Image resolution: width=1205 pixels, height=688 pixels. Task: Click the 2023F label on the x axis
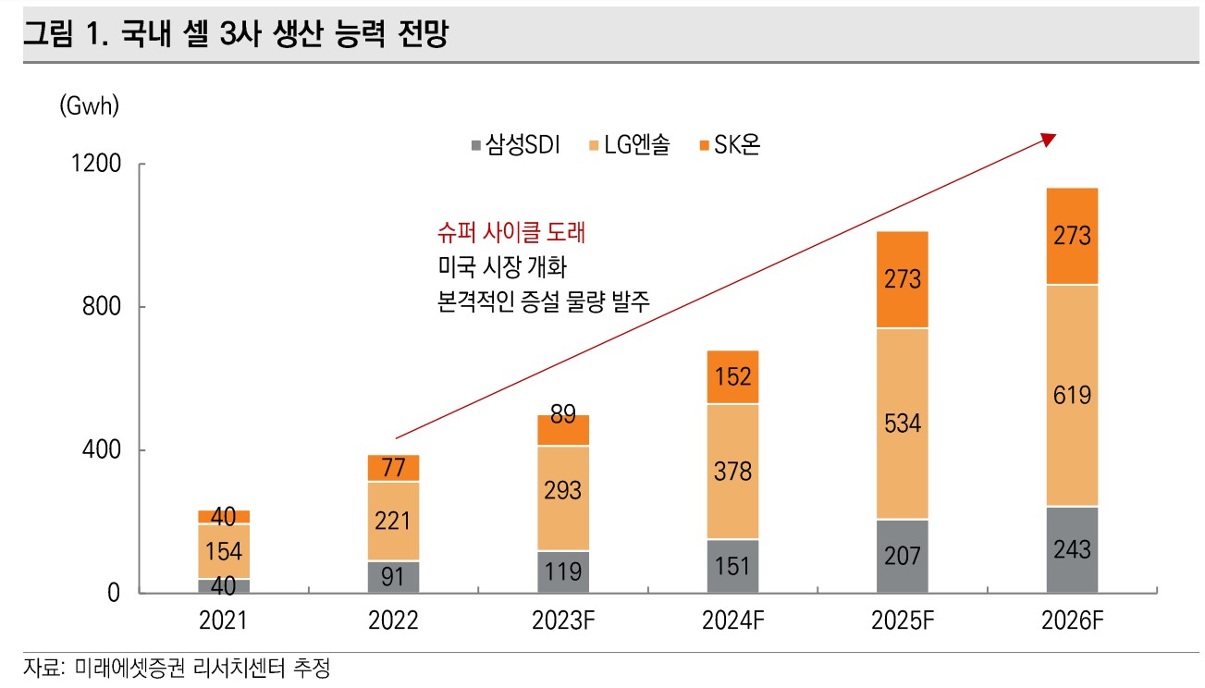pos(563,620)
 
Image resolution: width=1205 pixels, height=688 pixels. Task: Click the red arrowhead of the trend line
pos(1048,139)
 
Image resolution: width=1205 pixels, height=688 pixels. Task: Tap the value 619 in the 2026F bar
pos(1072,396)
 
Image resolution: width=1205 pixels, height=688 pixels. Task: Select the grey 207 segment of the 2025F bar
pos(902,556)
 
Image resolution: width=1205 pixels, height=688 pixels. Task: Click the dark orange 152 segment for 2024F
pos(732,376)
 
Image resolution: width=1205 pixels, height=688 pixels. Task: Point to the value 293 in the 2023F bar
pos(562,489)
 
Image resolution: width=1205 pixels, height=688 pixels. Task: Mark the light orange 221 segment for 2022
pos(393,522)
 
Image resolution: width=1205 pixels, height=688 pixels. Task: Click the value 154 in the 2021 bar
pos(223,552)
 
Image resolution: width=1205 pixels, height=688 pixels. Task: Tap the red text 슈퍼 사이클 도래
pos(510,233)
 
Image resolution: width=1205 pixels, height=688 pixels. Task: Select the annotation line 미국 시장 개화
pos(499,267)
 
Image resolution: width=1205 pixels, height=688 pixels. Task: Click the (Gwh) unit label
pos(89,106)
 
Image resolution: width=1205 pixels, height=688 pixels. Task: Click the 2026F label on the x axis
pos(1073,620)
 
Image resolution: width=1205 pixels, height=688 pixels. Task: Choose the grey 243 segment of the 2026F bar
pos(1072,549)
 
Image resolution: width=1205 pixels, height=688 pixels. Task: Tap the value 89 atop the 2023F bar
pos(562,414)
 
